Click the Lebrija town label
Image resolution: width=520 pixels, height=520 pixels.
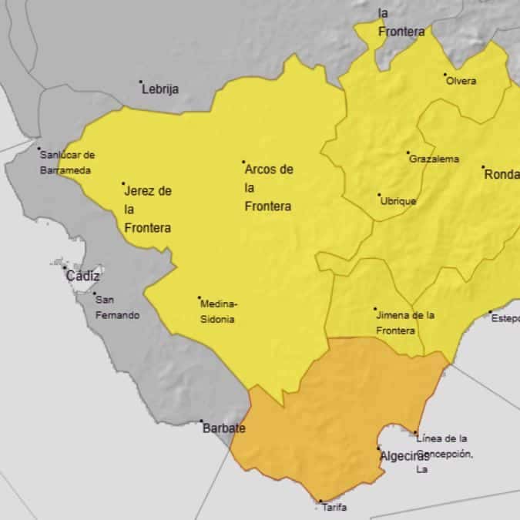coord(160,89)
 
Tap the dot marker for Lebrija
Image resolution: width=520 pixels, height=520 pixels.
coord(141,82)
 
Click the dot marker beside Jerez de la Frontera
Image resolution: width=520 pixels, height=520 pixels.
coord(123,184)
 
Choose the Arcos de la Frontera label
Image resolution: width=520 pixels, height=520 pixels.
coord(269,188)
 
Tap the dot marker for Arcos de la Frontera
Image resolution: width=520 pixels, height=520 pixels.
coord(243,162)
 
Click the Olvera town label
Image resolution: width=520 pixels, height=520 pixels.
coord(461,81)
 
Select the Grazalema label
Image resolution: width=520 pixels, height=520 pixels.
coord(434,159)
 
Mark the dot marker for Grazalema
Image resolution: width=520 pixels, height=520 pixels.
coord(408,153)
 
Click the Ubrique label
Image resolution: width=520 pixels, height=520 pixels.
coord(398,201)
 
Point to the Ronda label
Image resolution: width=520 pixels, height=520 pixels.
coord(502,175)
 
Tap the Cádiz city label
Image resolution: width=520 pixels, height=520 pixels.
coord(84,277)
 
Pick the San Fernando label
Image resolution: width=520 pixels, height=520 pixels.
coord(117,307)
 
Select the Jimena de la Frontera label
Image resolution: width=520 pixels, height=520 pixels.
coord(405,323)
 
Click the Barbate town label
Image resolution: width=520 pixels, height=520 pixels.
coord(223,428)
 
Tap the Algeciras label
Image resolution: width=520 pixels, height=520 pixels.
coord(404,456)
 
